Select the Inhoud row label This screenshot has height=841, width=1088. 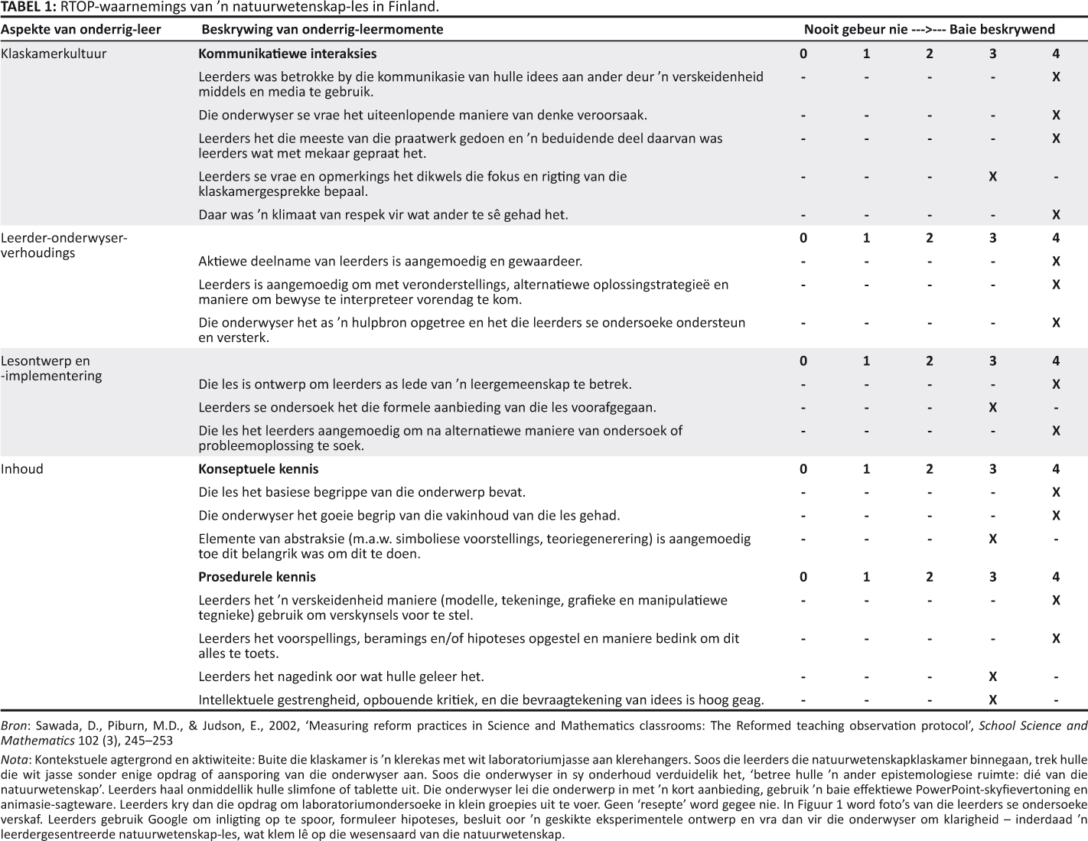(x=22, y=468)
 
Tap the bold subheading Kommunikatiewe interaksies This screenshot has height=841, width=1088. (x=287, y=54)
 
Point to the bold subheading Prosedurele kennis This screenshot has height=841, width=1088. (x=256, y=576)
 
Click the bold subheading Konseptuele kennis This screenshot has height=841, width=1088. (x=258, y=468)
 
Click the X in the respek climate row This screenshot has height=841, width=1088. (x=1056, y=215)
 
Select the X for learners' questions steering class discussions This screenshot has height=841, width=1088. (x=992, y=176)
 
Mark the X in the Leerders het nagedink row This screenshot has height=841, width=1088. (x=992, y=676)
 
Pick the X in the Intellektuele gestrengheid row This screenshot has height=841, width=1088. (x=992, y=699)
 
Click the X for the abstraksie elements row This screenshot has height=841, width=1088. (x=992, y=539)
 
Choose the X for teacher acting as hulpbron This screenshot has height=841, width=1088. (x=1056, y=322)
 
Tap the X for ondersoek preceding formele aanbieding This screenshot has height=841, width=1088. (x=992, y=407)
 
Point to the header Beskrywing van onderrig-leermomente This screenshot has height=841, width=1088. (x=321, y=29)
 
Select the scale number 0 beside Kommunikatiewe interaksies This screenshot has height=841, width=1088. (x=803, y=54)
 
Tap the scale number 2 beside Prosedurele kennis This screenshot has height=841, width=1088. (x=930, y=576)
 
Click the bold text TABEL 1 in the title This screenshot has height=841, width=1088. (x=28, y=7)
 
